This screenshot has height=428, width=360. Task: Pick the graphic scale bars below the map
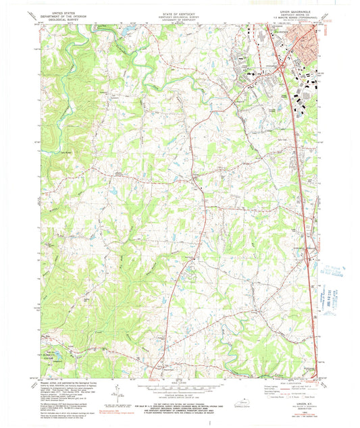click(x=179, y=387)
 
